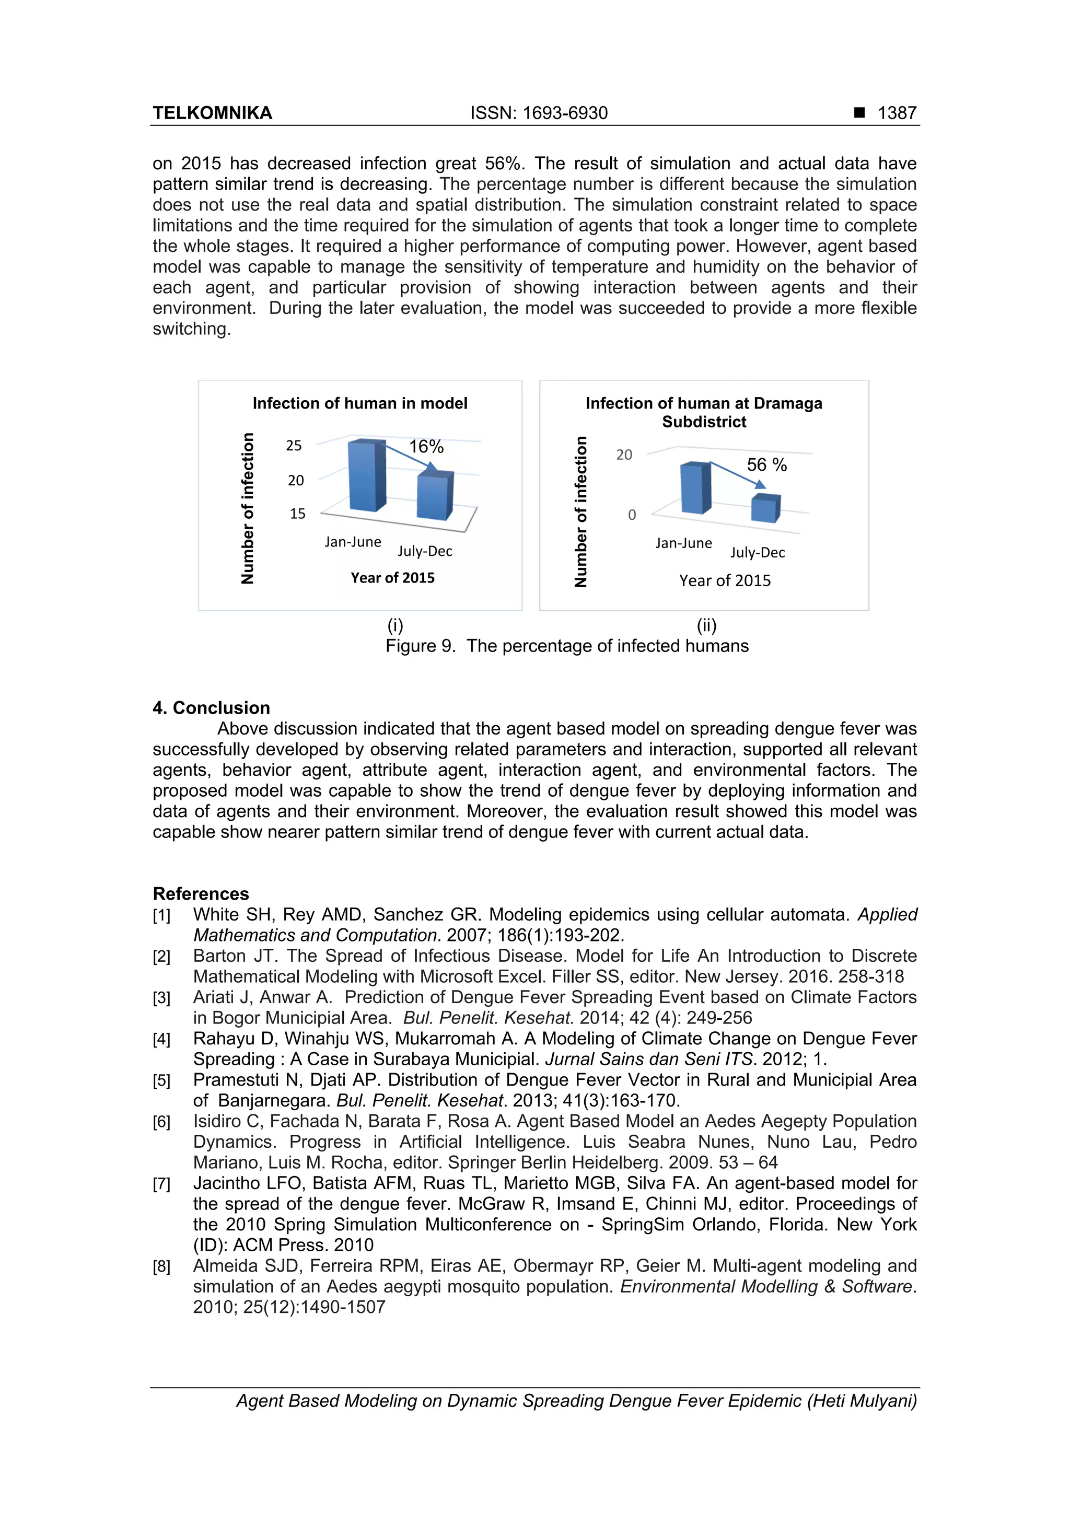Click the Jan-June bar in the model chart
coord(366,476)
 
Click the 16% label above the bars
coord(426,447)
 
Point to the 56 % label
coord(766,465)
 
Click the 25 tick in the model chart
coord(294,446)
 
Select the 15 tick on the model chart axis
coord(297,514)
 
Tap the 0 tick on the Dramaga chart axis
coord(632,515)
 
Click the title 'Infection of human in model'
coord(360,403)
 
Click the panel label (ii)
coord(706,625)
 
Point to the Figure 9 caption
coord(567,646)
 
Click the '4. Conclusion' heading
coord(212,708)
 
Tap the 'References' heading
coord(201,893)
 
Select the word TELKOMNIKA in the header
coord(212,113)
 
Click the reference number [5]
coord(161,1081)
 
